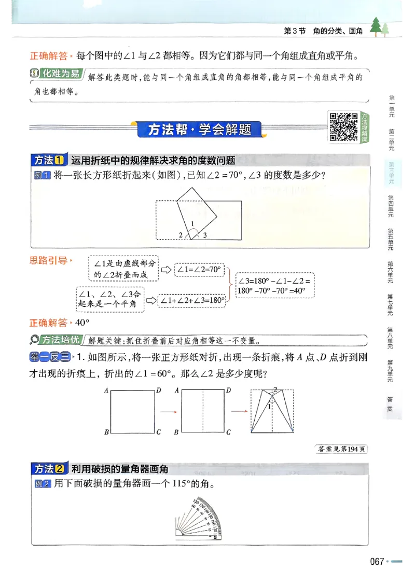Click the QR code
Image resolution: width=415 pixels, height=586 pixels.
point(343,126)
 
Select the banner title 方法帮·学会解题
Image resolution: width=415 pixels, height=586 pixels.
point(199,130)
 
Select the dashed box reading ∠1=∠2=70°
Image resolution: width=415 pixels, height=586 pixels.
point(199,270)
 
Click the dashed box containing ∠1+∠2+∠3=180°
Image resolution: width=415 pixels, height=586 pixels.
point(192,300)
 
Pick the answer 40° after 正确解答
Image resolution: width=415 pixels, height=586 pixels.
point(82,323)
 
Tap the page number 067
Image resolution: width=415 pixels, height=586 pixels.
point(377,562)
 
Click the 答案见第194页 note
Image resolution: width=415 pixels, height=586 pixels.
point(341,449)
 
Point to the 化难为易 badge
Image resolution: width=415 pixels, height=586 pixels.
point(57,74)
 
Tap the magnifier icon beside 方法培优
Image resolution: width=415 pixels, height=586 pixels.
point(35,340)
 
